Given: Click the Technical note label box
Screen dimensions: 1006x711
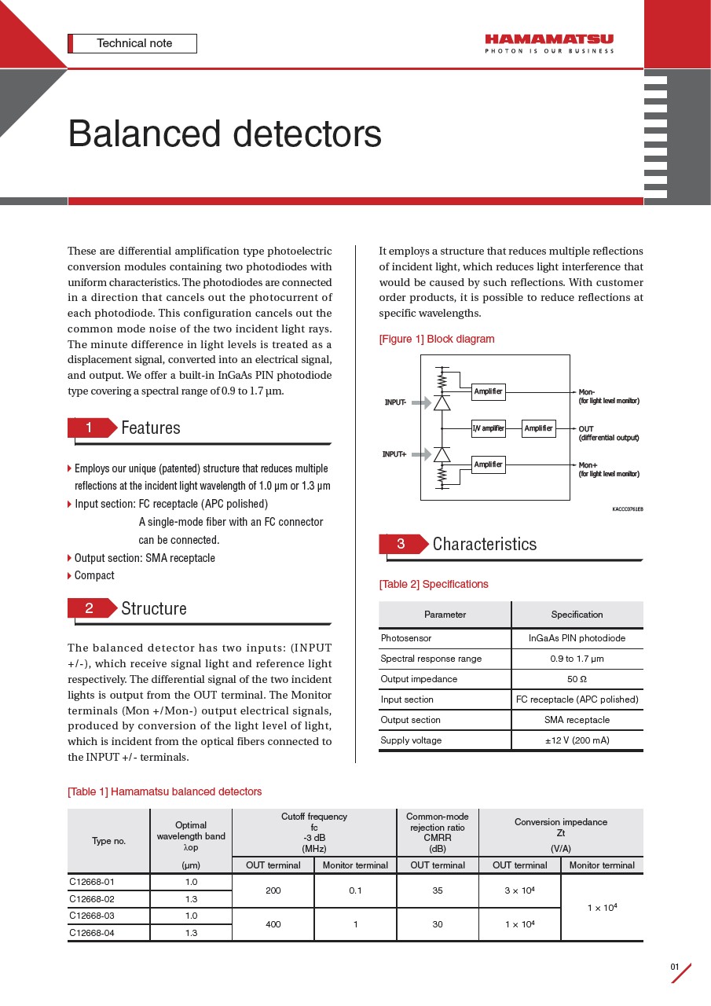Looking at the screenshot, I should point(133,43).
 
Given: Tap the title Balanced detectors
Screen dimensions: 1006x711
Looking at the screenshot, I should point(225,134).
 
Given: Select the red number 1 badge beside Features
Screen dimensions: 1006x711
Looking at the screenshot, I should point(90,428).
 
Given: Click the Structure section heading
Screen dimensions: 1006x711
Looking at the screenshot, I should point(154,608).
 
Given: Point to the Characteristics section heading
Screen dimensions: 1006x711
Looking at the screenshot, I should point(484,544).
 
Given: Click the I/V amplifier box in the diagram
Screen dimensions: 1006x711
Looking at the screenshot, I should point(488,428).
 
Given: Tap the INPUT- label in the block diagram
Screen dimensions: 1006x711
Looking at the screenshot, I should point(395,402).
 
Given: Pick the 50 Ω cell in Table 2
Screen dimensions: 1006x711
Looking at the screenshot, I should point(577,679).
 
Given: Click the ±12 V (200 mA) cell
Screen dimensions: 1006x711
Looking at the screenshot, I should point(577,740).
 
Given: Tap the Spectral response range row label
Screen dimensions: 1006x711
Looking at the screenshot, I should point(431,659).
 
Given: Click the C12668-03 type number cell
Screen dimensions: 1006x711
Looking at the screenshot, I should point(92,916).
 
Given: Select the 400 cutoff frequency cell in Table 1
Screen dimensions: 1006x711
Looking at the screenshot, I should point(273,924).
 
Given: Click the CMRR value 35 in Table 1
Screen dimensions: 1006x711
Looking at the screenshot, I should point(437,890).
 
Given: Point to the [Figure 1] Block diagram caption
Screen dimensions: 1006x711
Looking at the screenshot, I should point(437,340).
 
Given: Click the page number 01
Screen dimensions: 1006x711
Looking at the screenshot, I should point(674,967).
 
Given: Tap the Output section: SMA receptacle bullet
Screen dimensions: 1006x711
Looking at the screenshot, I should point(145,558).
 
